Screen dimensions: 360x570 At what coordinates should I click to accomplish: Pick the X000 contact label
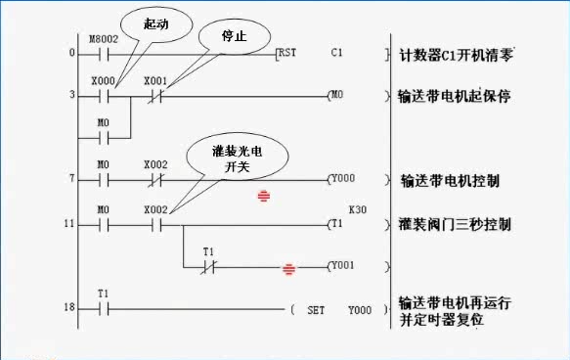102,81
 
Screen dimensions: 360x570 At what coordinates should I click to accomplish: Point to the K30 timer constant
358,209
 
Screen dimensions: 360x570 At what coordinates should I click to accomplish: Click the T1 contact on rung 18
104,309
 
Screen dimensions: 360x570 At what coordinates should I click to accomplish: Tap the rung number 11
68,224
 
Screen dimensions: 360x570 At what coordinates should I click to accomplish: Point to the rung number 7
70,180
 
